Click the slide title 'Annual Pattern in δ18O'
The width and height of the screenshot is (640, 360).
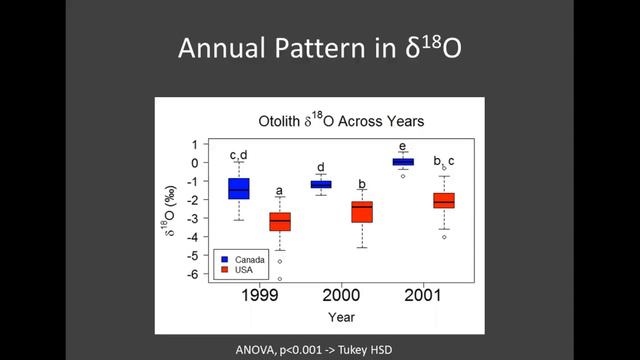coord(319,47)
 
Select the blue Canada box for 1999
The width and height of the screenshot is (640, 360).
coord(239,188)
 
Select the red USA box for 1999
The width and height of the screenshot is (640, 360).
coord(280,220)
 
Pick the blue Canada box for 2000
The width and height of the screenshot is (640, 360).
coord(321,185)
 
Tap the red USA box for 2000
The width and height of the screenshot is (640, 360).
coord(362,211)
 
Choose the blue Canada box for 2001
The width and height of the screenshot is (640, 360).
coord(403,161)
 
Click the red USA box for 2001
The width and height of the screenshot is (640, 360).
coord(443,200)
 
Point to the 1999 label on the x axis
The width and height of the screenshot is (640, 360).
coord(258,297)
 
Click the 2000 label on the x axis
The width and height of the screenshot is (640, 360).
coord(340,297)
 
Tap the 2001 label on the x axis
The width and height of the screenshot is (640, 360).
coord(422,297)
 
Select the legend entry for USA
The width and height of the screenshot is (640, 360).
coord(243,270)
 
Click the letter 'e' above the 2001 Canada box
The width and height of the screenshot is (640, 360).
coord(403,146)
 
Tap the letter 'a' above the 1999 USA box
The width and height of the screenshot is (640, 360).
coord(280,190)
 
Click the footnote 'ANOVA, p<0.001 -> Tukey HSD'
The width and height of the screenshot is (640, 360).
coord(319,347)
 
